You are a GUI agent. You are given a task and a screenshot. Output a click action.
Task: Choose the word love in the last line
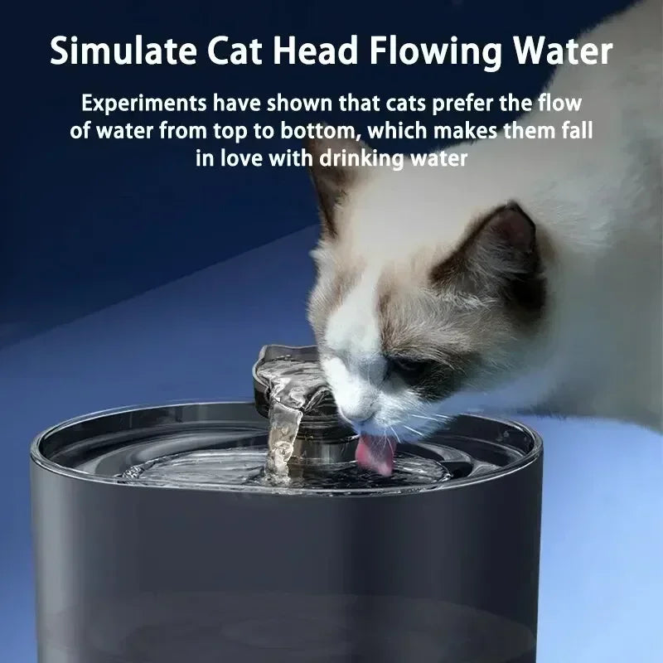pos(241,158)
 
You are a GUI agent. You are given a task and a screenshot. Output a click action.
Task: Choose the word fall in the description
pos(578,132)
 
